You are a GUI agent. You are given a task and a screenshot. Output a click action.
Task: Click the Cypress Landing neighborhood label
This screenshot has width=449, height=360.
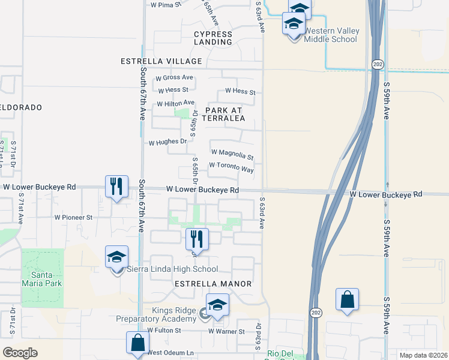(x=213, y=38)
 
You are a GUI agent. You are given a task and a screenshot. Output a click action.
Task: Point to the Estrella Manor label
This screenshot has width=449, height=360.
(x=212, y=283)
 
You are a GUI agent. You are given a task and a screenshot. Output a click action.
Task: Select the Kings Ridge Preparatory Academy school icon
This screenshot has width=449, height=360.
(x=217, y=305)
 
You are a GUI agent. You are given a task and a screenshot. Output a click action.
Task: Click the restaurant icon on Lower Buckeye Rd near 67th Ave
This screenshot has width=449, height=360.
(x=116, y=186)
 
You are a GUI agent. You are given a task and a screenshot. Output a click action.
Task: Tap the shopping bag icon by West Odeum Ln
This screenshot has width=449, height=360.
(x=137, y=343)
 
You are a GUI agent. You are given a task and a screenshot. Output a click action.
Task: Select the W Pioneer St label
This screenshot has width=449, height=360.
(x=73, y=217)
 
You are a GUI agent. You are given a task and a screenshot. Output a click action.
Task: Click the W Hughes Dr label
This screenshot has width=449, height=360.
(x=167, y=143)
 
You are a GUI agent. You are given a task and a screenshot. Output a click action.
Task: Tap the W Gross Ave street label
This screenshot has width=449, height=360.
(x=174, y=77)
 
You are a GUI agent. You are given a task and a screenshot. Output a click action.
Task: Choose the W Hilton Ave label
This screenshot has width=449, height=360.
(x=176, y=103)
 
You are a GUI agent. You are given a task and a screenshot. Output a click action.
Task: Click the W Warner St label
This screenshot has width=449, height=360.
(x=226, y=331)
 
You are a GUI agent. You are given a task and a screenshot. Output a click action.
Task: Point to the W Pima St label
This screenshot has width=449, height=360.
(x=166, y=5)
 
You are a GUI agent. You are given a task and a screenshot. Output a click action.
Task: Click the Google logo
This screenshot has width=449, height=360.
(x=20, y=353)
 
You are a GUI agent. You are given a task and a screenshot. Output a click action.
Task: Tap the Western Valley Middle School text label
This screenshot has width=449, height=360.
(x=331, y=35)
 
